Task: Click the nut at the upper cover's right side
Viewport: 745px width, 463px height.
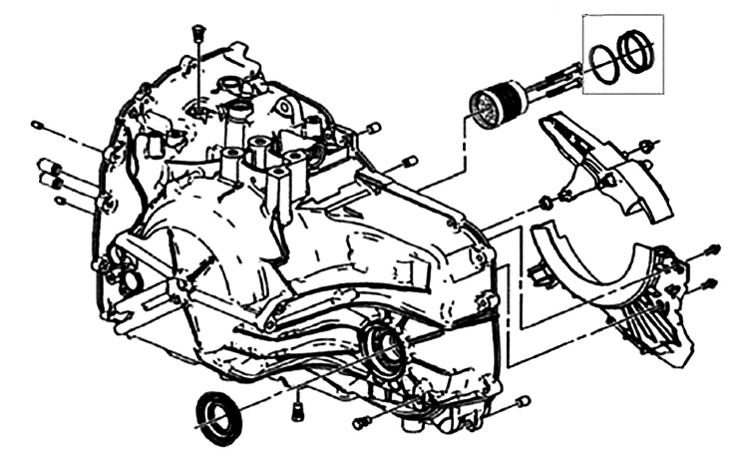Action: click(647, 149)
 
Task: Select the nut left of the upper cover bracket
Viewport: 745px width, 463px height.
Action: click(546, 205)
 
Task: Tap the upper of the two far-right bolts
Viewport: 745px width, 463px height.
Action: click(712, 249)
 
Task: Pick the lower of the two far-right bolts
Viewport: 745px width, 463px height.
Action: click(711, 283)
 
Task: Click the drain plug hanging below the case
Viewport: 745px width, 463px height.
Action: click(297, 408)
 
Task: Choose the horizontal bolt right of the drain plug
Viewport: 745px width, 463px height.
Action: click(363, 423)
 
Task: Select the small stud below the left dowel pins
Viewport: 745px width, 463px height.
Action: click(63, 202)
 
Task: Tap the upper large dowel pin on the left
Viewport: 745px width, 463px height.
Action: click(48, 164)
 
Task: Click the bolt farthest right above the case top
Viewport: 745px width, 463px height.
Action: click(409, 161)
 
